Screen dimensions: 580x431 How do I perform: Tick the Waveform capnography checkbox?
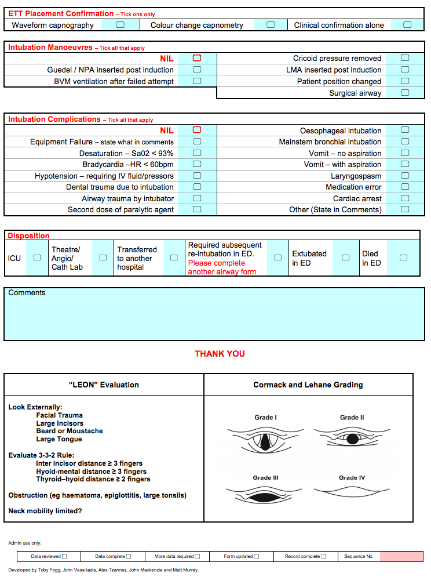[120, 25]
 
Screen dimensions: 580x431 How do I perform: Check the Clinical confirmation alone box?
[407, 25]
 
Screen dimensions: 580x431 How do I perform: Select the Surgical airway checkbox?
[405, 93]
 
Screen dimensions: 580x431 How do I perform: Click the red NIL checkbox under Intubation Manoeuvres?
[197, 58]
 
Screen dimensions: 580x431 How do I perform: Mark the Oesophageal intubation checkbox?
[405, 130]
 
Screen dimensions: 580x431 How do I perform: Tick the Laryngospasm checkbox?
[405, 176]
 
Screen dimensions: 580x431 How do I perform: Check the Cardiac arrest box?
[405, 198]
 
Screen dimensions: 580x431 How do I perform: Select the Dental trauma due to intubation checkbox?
[197, 187]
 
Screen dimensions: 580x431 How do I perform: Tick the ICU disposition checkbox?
[37, 258]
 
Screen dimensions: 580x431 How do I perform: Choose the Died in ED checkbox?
[403, 258]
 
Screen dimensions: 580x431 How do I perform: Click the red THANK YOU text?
[220, 354]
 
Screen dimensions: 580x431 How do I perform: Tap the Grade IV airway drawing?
[352, 491]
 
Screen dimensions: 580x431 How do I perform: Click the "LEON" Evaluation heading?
[104, 385]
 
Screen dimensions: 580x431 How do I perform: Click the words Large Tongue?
[59, 439]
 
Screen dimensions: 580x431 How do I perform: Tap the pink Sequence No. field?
[401, 556]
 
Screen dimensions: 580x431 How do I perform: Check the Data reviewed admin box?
[64, 557]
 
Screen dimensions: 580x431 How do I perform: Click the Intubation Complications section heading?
[54, 119]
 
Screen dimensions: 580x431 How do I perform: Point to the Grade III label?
[265, 478]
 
